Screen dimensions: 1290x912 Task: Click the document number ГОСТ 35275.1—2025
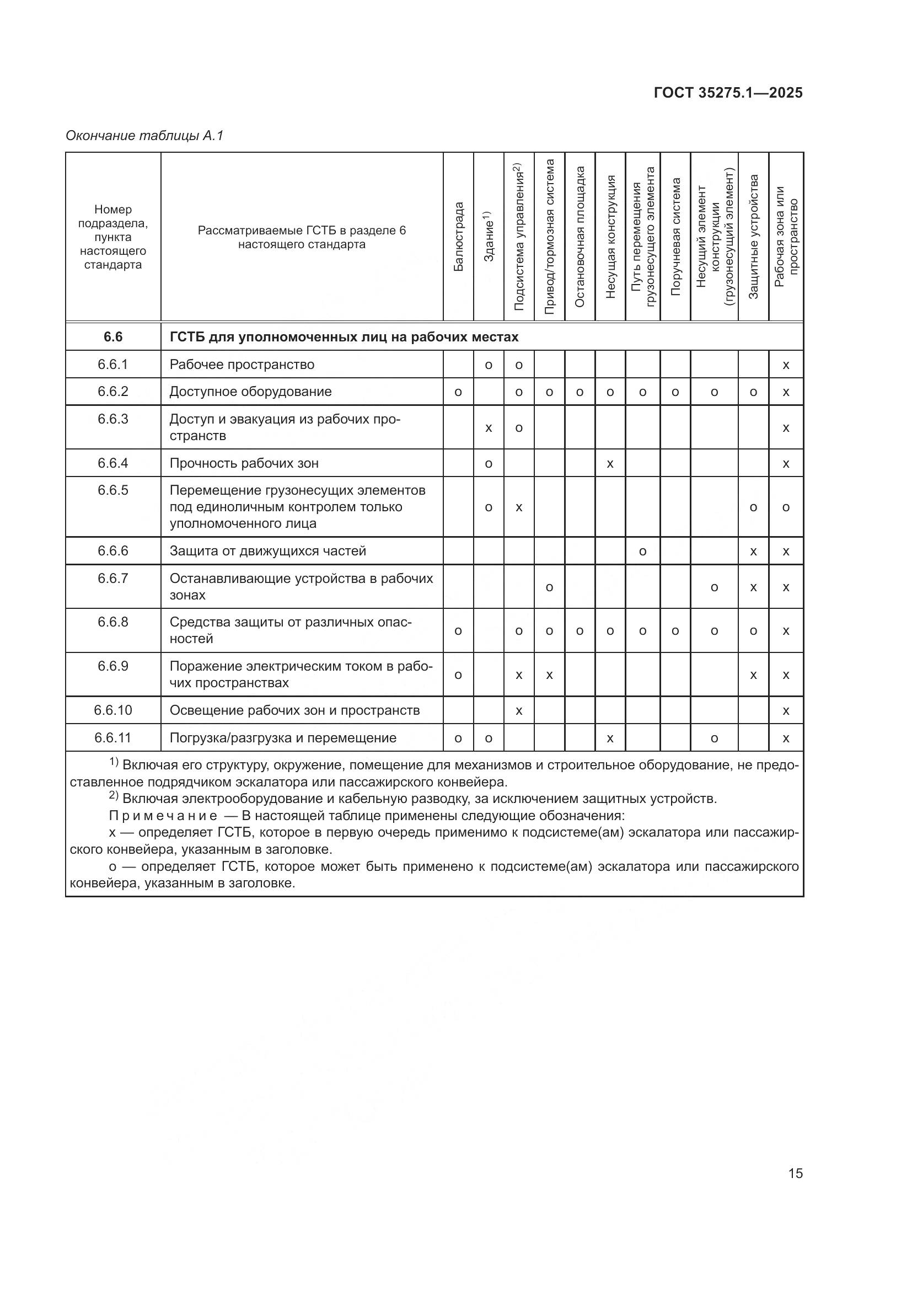(728, 93)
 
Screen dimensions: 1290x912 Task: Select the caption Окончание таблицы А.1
(144, 136)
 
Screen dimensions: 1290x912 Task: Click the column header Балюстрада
(458, 237)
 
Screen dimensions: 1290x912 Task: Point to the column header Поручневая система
(675, 237)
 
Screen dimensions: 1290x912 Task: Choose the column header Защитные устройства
(753, 237)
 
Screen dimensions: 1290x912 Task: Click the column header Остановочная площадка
(580, 237)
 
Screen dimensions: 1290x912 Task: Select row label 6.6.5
(113, 490)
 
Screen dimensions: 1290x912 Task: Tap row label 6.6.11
(113, 738)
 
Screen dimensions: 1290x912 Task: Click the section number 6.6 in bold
(113, 336)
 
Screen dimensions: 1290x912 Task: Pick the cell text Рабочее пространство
(242, 365)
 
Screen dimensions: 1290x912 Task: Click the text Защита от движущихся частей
(268, 550)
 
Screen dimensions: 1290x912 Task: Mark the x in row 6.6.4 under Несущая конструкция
(610, 463)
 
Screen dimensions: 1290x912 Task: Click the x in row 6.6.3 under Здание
(489, 428)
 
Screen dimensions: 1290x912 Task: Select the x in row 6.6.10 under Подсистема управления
(519, 711)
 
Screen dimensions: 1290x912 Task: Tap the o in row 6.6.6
(642, 551)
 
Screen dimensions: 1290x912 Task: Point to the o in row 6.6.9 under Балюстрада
(458, 675)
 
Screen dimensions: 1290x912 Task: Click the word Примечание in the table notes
(163, 816)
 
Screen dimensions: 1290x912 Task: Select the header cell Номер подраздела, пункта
(113, 237)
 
